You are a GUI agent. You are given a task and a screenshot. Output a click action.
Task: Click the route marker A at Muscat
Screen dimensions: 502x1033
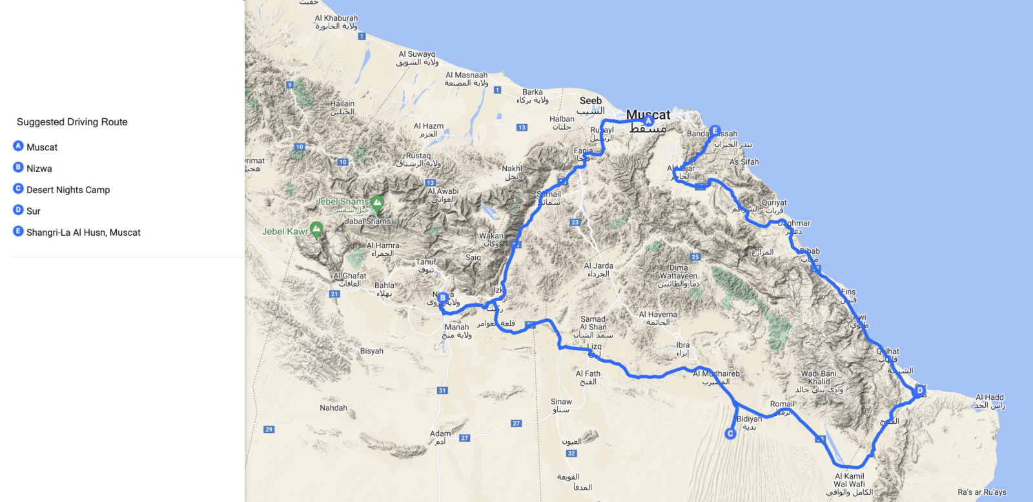click(x=648, y=121)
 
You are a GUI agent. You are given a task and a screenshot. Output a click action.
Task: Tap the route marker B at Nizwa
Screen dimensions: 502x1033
click(x=443, y=298)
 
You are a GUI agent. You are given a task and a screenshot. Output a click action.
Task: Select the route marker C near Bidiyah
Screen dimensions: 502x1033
click(x=730, y=434)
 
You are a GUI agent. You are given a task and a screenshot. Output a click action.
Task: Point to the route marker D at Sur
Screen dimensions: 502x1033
click(x=920, y=390)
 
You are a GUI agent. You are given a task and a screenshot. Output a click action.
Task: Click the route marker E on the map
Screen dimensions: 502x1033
click(x=715, y=131)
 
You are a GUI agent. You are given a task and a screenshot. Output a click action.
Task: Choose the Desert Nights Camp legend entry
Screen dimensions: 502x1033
click(x=68, y=190)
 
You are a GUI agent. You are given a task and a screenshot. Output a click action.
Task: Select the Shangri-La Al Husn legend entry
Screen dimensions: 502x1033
click(x=83, y=233)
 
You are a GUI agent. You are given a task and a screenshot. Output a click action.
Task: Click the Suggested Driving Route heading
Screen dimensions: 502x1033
click(x=72, y=122)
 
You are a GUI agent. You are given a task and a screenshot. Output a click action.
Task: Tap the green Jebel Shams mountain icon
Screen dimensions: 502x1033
click(x=377, y=203)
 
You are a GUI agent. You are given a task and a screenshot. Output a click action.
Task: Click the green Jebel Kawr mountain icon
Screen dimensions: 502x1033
click(x=316, y=229)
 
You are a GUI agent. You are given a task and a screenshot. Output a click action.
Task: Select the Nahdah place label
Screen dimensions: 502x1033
click(x=333, y=408)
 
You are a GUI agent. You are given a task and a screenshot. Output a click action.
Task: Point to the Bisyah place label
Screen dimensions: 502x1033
click(x=372, y=351)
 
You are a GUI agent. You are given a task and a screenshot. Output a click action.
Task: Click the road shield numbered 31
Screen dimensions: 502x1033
click(x=442, y=390)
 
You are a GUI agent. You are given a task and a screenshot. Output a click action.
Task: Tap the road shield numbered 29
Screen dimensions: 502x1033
click(x=269, y=429)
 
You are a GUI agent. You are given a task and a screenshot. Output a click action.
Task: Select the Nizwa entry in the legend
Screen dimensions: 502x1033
click(x=39, y=169)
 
